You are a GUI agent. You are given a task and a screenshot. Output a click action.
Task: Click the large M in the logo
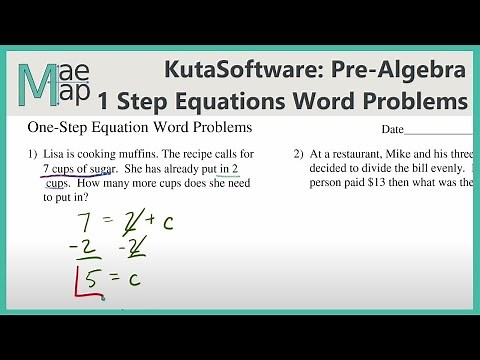[x=36, y=81]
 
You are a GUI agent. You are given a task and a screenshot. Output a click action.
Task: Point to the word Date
[x=394, y=130]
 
